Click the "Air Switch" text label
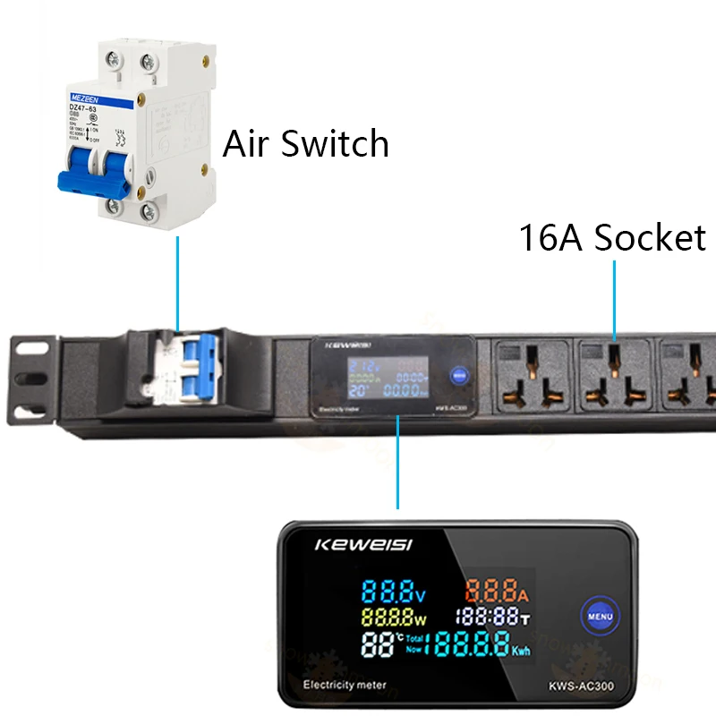point(305,144)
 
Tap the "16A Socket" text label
point(612,238)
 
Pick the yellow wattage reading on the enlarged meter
point(395,616)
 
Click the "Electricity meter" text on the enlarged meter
point(345,686)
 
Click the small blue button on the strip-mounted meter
point(457,376)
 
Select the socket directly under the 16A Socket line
point(614,376)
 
